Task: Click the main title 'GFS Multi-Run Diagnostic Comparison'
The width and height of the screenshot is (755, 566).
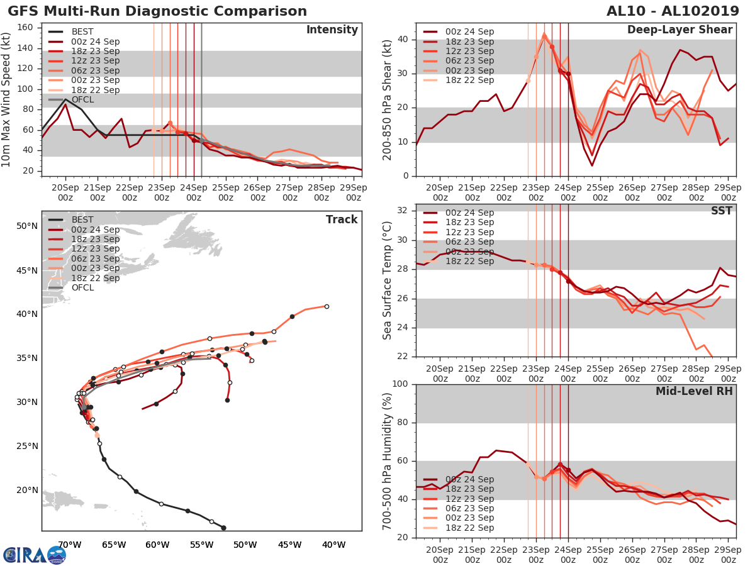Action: (157, 11)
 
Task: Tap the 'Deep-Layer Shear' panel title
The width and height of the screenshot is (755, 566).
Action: (679, 30)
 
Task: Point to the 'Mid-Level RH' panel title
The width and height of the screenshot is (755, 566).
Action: (694, 391)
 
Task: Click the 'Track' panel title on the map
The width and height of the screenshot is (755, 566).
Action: (342, 219)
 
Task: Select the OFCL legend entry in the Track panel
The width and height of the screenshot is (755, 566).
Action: (82, 287)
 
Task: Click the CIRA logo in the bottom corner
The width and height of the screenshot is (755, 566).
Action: (35, 555)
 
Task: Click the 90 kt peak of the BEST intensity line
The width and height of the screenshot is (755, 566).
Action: (65, 99)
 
